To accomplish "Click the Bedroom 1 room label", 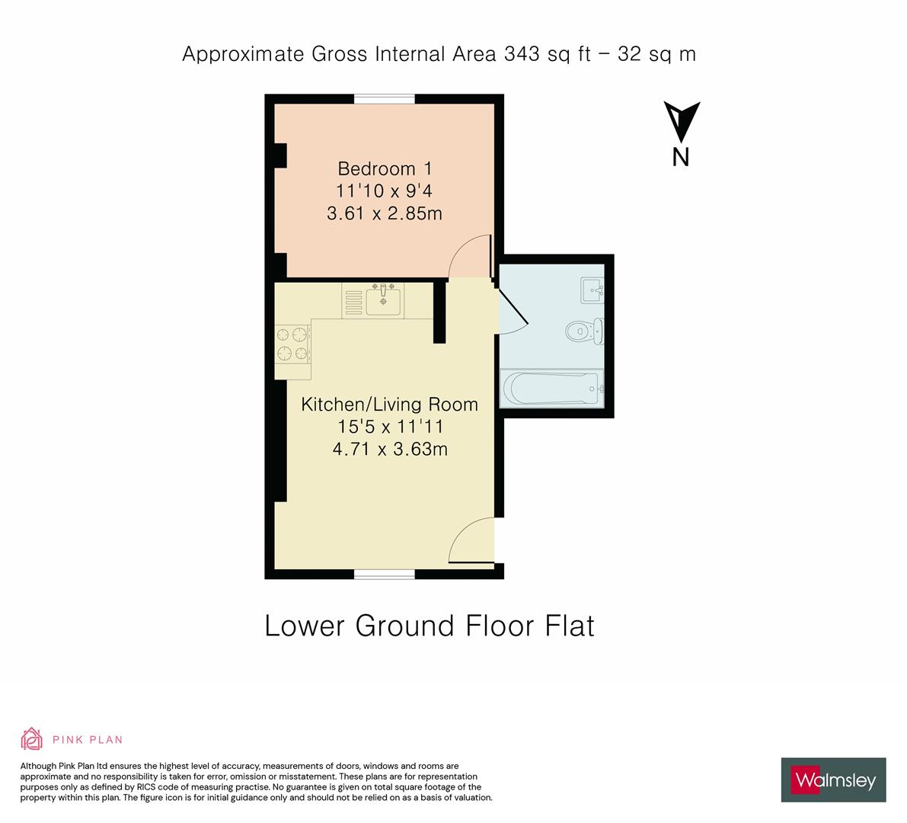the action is [x=385, y=169].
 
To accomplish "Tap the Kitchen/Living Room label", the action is [x=390, y=404].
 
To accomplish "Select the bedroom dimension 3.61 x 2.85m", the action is [x=385, y=213].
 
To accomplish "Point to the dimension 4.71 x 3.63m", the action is [x=390, y=449].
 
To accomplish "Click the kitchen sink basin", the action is [x=383, y=301].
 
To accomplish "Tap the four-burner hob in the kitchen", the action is [x=292, y=344].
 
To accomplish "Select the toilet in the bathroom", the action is [x=584, y=331].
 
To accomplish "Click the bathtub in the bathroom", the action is [x=551, y=388].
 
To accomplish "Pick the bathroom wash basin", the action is [x=592, y=290].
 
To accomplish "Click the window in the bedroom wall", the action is [x=385, y=99].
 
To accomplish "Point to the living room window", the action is [x=385, y=574].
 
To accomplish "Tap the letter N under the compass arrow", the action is [x=681, y=158].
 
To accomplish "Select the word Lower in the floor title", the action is [x=305, y=626].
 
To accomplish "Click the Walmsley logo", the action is [x=834, y=780].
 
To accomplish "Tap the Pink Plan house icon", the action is [x=32, y=739].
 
